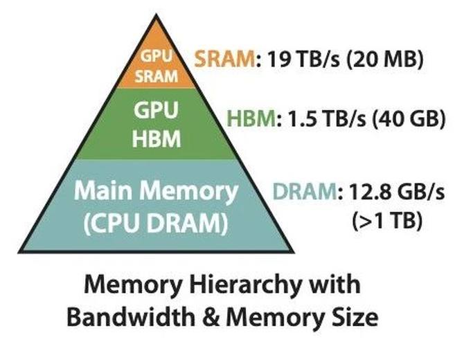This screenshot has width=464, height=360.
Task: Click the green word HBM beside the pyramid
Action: [x=250, y=120]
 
